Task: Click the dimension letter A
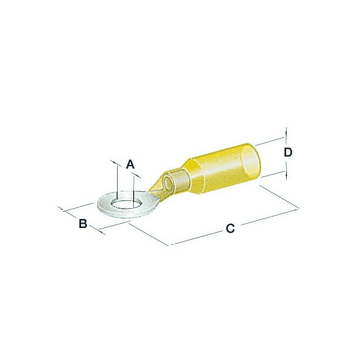pyautogui.click(x=130, y=164)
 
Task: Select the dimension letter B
pyautogui.click(x=83, y=223)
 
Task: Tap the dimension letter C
pyautogui.click(x=230, y=229)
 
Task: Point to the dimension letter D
pyautogui.click(x=288, y=152)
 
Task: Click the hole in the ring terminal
pyautogui.click(x=125, y=203)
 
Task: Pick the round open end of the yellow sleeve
pyautogui.click(x=251, y=160)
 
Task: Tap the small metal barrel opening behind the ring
pyautogui.click(x=167, y=182)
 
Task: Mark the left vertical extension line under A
pyautogui.click(x=117, y=182)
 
